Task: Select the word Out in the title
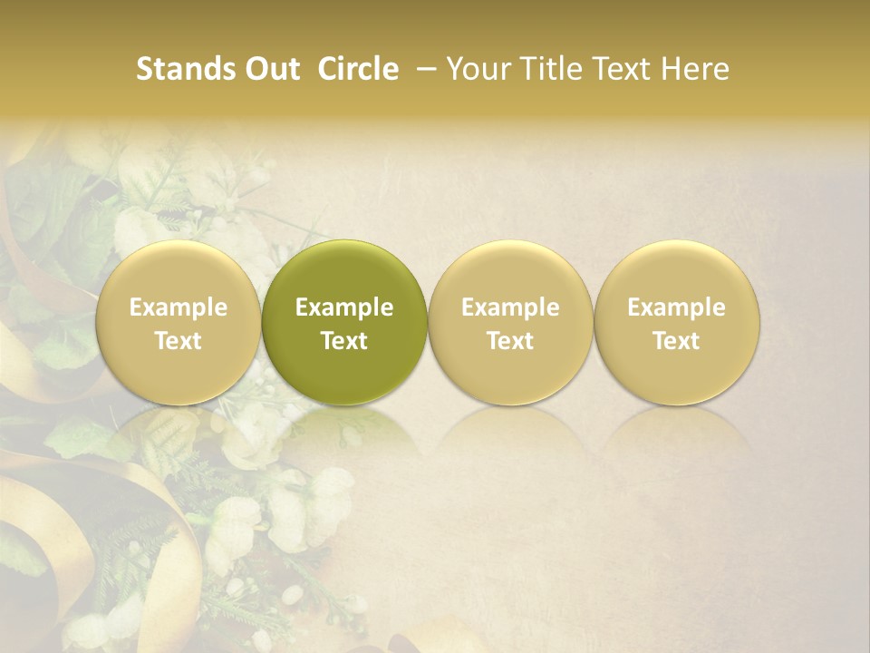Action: (270, 69)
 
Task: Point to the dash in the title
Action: (423, 70)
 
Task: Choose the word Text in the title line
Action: (624, 69)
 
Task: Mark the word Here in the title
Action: (696, 69)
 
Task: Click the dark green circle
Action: (344, 322)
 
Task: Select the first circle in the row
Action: (178, 322)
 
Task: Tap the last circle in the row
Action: (677, 322)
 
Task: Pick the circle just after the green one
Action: (510, 322)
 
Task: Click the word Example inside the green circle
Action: (344, 307)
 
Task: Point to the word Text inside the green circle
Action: (344, 341)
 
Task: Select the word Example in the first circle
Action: (179, 307)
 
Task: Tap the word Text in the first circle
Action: (179, 341)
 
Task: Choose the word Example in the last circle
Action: (677, 307)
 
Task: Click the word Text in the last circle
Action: (677, 341)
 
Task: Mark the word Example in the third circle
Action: (510, 307)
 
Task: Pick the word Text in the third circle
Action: (510, 341)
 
